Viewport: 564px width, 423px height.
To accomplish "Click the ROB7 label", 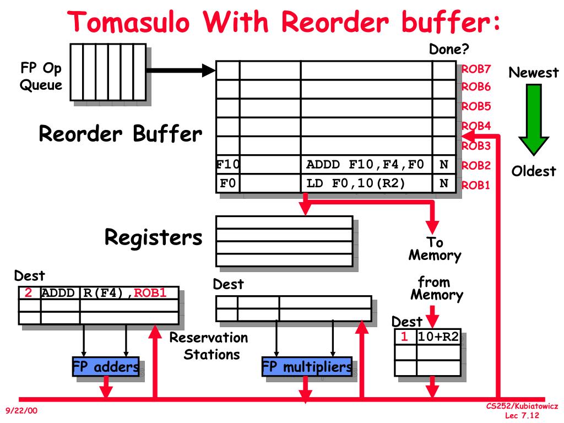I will pos(476,69).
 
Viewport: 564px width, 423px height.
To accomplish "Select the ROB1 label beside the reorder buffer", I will pos(476,185).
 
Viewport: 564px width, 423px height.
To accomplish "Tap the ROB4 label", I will pos(476,126).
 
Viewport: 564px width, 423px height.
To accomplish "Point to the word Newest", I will pos(533,73).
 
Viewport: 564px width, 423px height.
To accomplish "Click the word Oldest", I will pos(534,171).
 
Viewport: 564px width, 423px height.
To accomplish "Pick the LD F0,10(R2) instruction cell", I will pos(356,183).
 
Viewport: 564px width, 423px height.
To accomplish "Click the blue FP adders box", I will pos(106,367).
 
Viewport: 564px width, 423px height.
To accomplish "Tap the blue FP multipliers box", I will pos(307,367).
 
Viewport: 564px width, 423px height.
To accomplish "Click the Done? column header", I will pos(449,50).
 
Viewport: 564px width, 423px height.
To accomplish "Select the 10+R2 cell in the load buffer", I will pos(438,337).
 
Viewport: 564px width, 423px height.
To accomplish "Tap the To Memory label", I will pos(435,249).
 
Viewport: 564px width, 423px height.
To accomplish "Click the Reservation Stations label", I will pos(209,345).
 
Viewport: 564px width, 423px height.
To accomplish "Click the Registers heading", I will pos(154,237).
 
